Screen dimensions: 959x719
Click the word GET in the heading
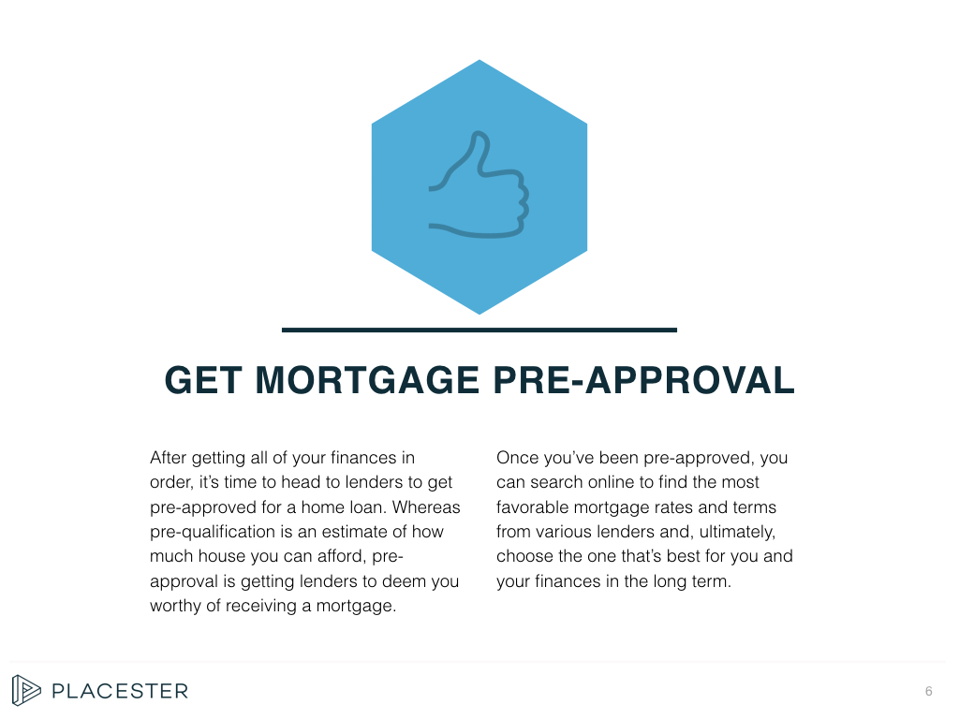click(x=203, y=380)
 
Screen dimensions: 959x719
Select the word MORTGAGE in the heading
click(x=367, y=380)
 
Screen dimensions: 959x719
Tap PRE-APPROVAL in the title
click(x=644, y=380)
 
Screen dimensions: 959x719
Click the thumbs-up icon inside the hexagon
click(x=479, y=184)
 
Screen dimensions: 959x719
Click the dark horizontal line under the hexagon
click(x=479, y=330)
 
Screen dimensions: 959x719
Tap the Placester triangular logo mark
click(x=26, y=691)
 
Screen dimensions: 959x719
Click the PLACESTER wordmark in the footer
click(x=120, y=692)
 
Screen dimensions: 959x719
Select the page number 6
click(x=928, y=692)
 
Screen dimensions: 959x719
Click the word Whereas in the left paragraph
click(x=426, y=507)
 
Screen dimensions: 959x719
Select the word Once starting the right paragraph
click(x=517, y=458)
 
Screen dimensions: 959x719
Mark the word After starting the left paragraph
click(x=169, y=458)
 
